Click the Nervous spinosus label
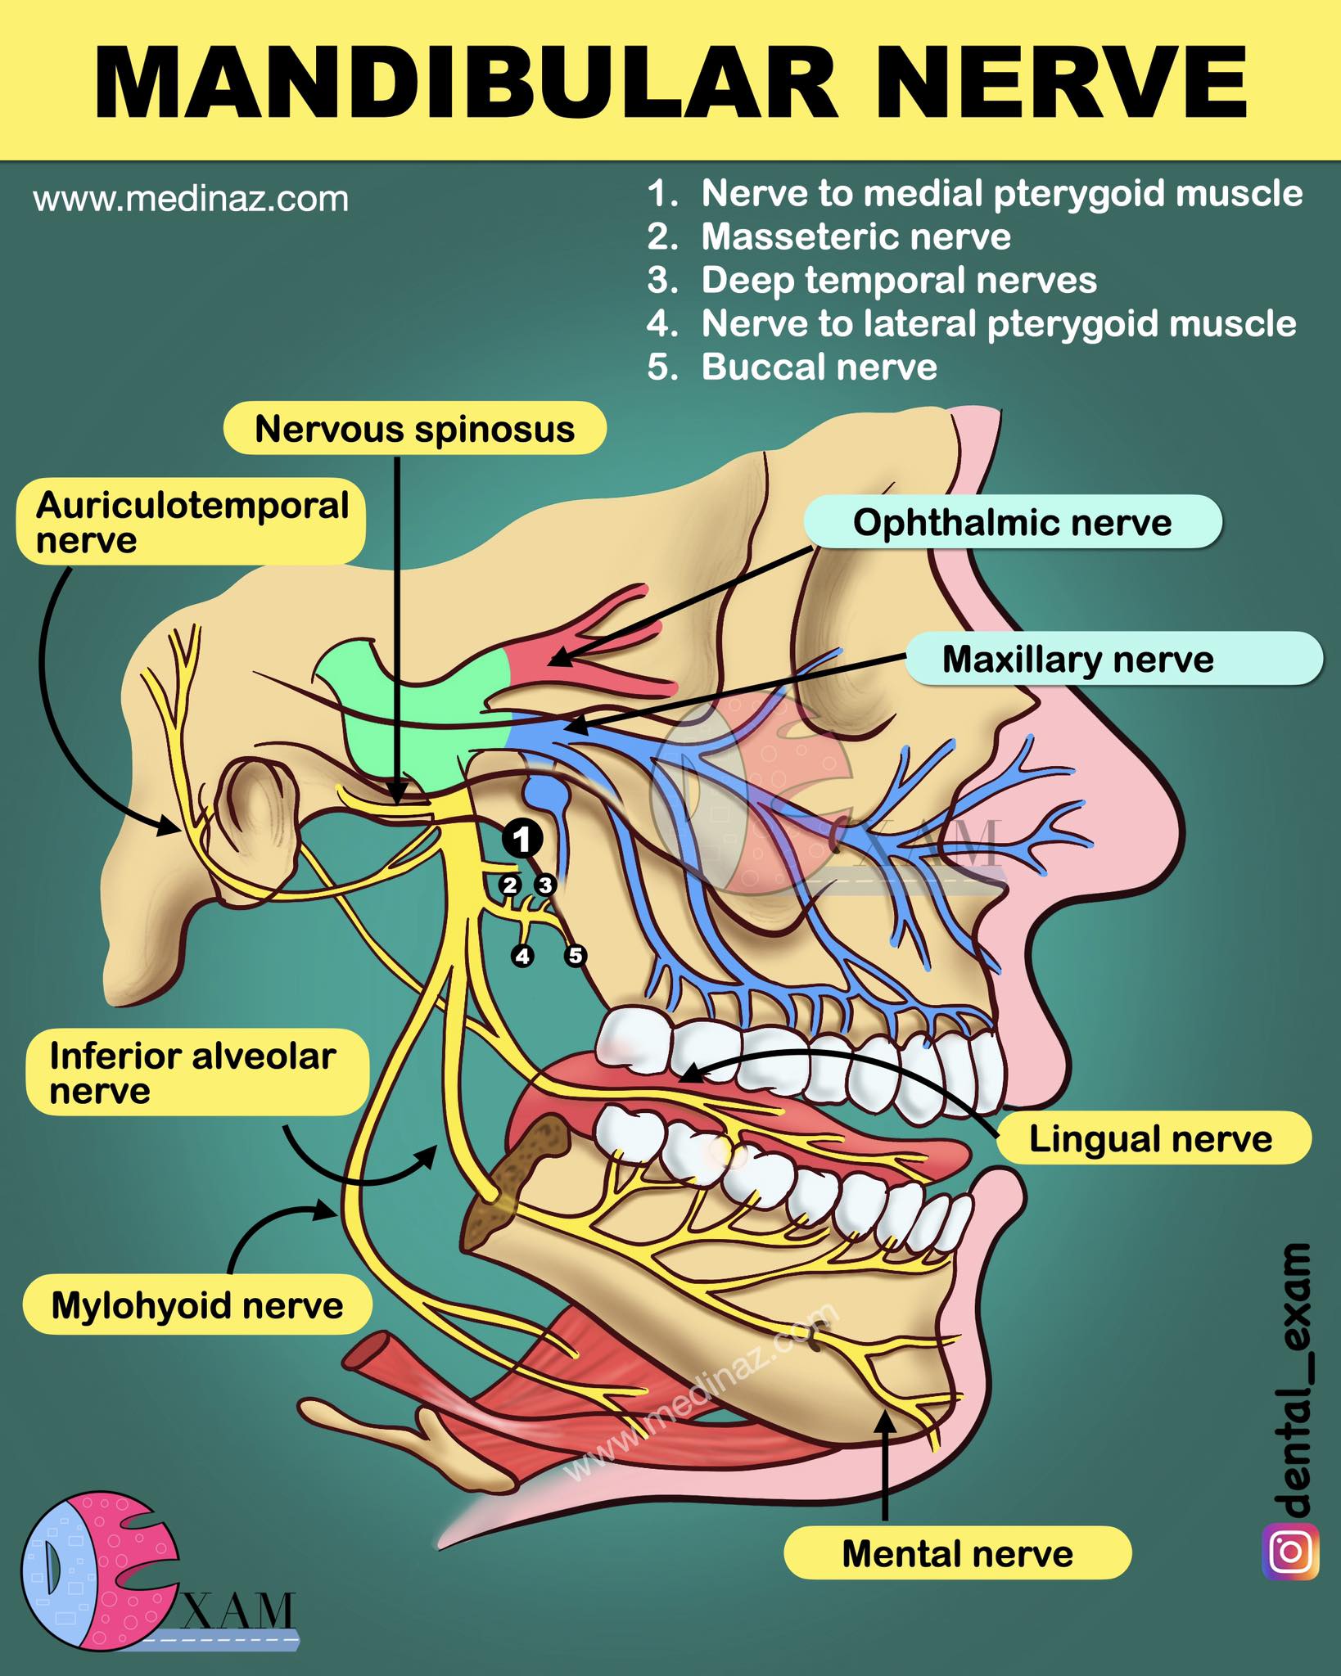[415, 428]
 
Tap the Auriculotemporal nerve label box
[191, 522]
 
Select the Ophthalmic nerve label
[1013, 522]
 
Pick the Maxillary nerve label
[1113, 659]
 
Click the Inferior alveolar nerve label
[197, 1072]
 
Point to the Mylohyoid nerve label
[197, 1304]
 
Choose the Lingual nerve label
[1153, 1138]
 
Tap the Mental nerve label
[958, 1553]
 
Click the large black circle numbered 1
[522, 839]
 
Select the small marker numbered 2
[510, 885]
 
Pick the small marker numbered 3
[544, 885]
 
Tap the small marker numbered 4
[522, 955]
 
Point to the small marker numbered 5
[576, 955]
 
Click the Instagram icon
[1291, 1551]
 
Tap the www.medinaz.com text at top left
[191, 199]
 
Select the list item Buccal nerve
[792, 367]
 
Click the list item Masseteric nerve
[829, 237]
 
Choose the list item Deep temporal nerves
[872, 280]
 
